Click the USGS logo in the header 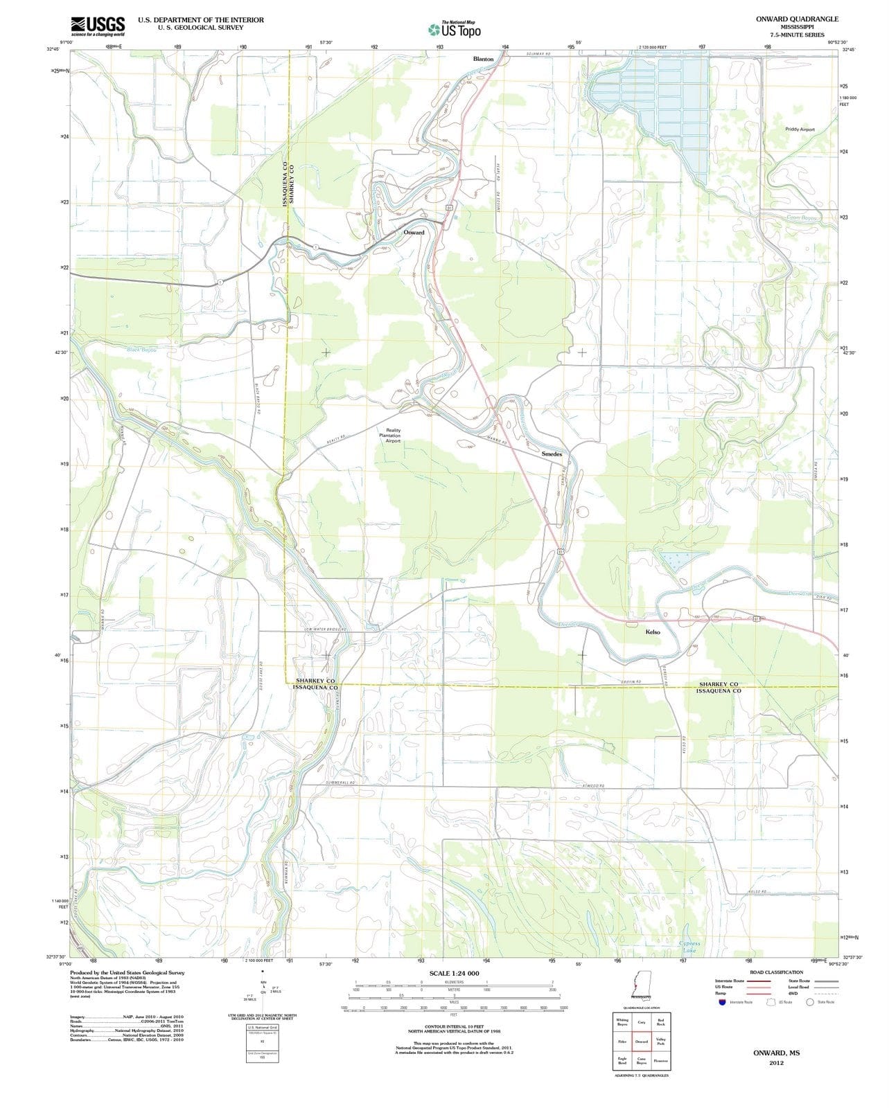[98, 26]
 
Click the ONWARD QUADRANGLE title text [797, 19]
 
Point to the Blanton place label [483, 60]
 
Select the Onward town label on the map [414, 233]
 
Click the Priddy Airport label [800, 129]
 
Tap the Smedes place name [552, 454]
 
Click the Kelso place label [653, 632]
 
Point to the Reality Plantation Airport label [393, 435]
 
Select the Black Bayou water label [142, 350]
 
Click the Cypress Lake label [690, 947]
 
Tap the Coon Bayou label [802, 217]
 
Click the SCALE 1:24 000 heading [454, 973]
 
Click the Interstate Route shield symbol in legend [723, 1001]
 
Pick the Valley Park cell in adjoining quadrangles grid [661, 1042]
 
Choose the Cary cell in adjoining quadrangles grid [642, 1022]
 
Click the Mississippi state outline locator [635, 983]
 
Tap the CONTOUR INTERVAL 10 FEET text [454, 1027]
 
